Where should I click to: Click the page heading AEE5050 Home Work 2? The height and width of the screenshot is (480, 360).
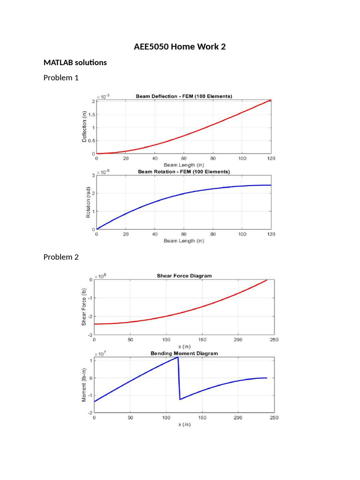coord(180,46)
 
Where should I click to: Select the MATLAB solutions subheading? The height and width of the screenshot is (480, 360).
coord(75,62)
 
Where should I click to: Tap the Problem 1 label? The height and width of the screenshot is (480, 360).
coord(61,78)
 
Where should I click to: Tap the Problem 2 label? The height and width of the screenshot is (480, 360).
coord(61,257)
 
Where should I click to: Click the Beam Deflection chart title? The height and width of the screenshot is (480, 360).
coord(184,96)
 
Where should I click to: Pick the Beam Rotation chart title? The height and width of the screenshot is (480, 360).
coord(184,172)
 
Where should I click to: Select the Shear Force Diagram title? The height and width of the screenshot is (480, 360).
coord(184,276)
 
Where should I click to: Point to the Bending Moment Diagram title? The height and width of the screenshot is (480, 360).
coord(184,353)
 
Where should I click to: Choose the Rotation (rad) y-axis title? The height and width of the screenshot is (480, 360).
coord(88,202)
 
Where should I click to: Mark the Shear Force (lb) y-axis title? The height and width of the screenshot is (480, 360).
coord(84,307)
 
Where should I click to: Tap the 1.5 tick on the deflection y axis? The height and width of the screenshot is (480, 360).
coord(91,114)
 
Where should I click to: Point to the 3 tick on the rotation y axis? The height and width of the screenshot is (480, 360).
coord(93,175)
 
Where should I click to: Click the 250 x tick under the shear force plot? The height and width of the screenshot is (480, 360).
coord(274,339)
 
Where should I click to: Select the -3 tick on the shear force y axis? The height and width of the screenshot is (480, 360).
coord(90,335)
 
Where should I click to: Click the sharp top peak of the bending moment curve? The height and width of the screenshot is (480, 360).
coord(178,357)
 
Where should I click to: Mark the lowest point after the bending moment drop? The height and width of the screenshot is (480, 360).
coord(180,399)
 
